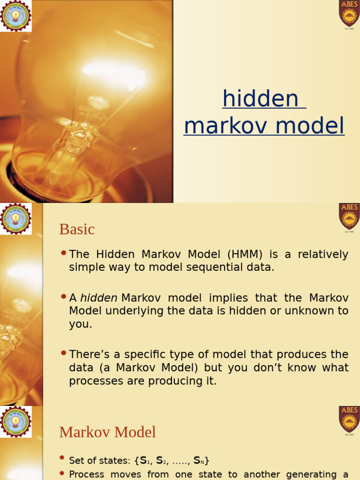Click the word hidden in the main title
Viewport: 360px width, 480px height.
click(x=260, y=99)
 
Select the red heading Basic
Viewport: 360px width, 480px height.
click(x=77, y=229)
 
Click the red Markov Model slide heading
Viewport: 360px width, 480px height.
click(x=107, y=432)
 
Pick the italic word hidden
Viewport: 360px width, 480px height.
click(x=99, y=298)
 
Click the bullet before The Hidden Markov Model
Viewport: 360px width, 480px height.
click(x=64, y=254)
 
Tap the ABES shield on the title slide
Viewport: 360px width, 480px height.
click(x=349, y=14)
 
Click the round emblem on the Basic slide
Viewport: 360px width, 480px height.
click(x=15, y=218)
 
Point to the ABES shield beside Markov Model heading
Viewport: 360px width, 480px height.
click(x=349, y=419)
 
